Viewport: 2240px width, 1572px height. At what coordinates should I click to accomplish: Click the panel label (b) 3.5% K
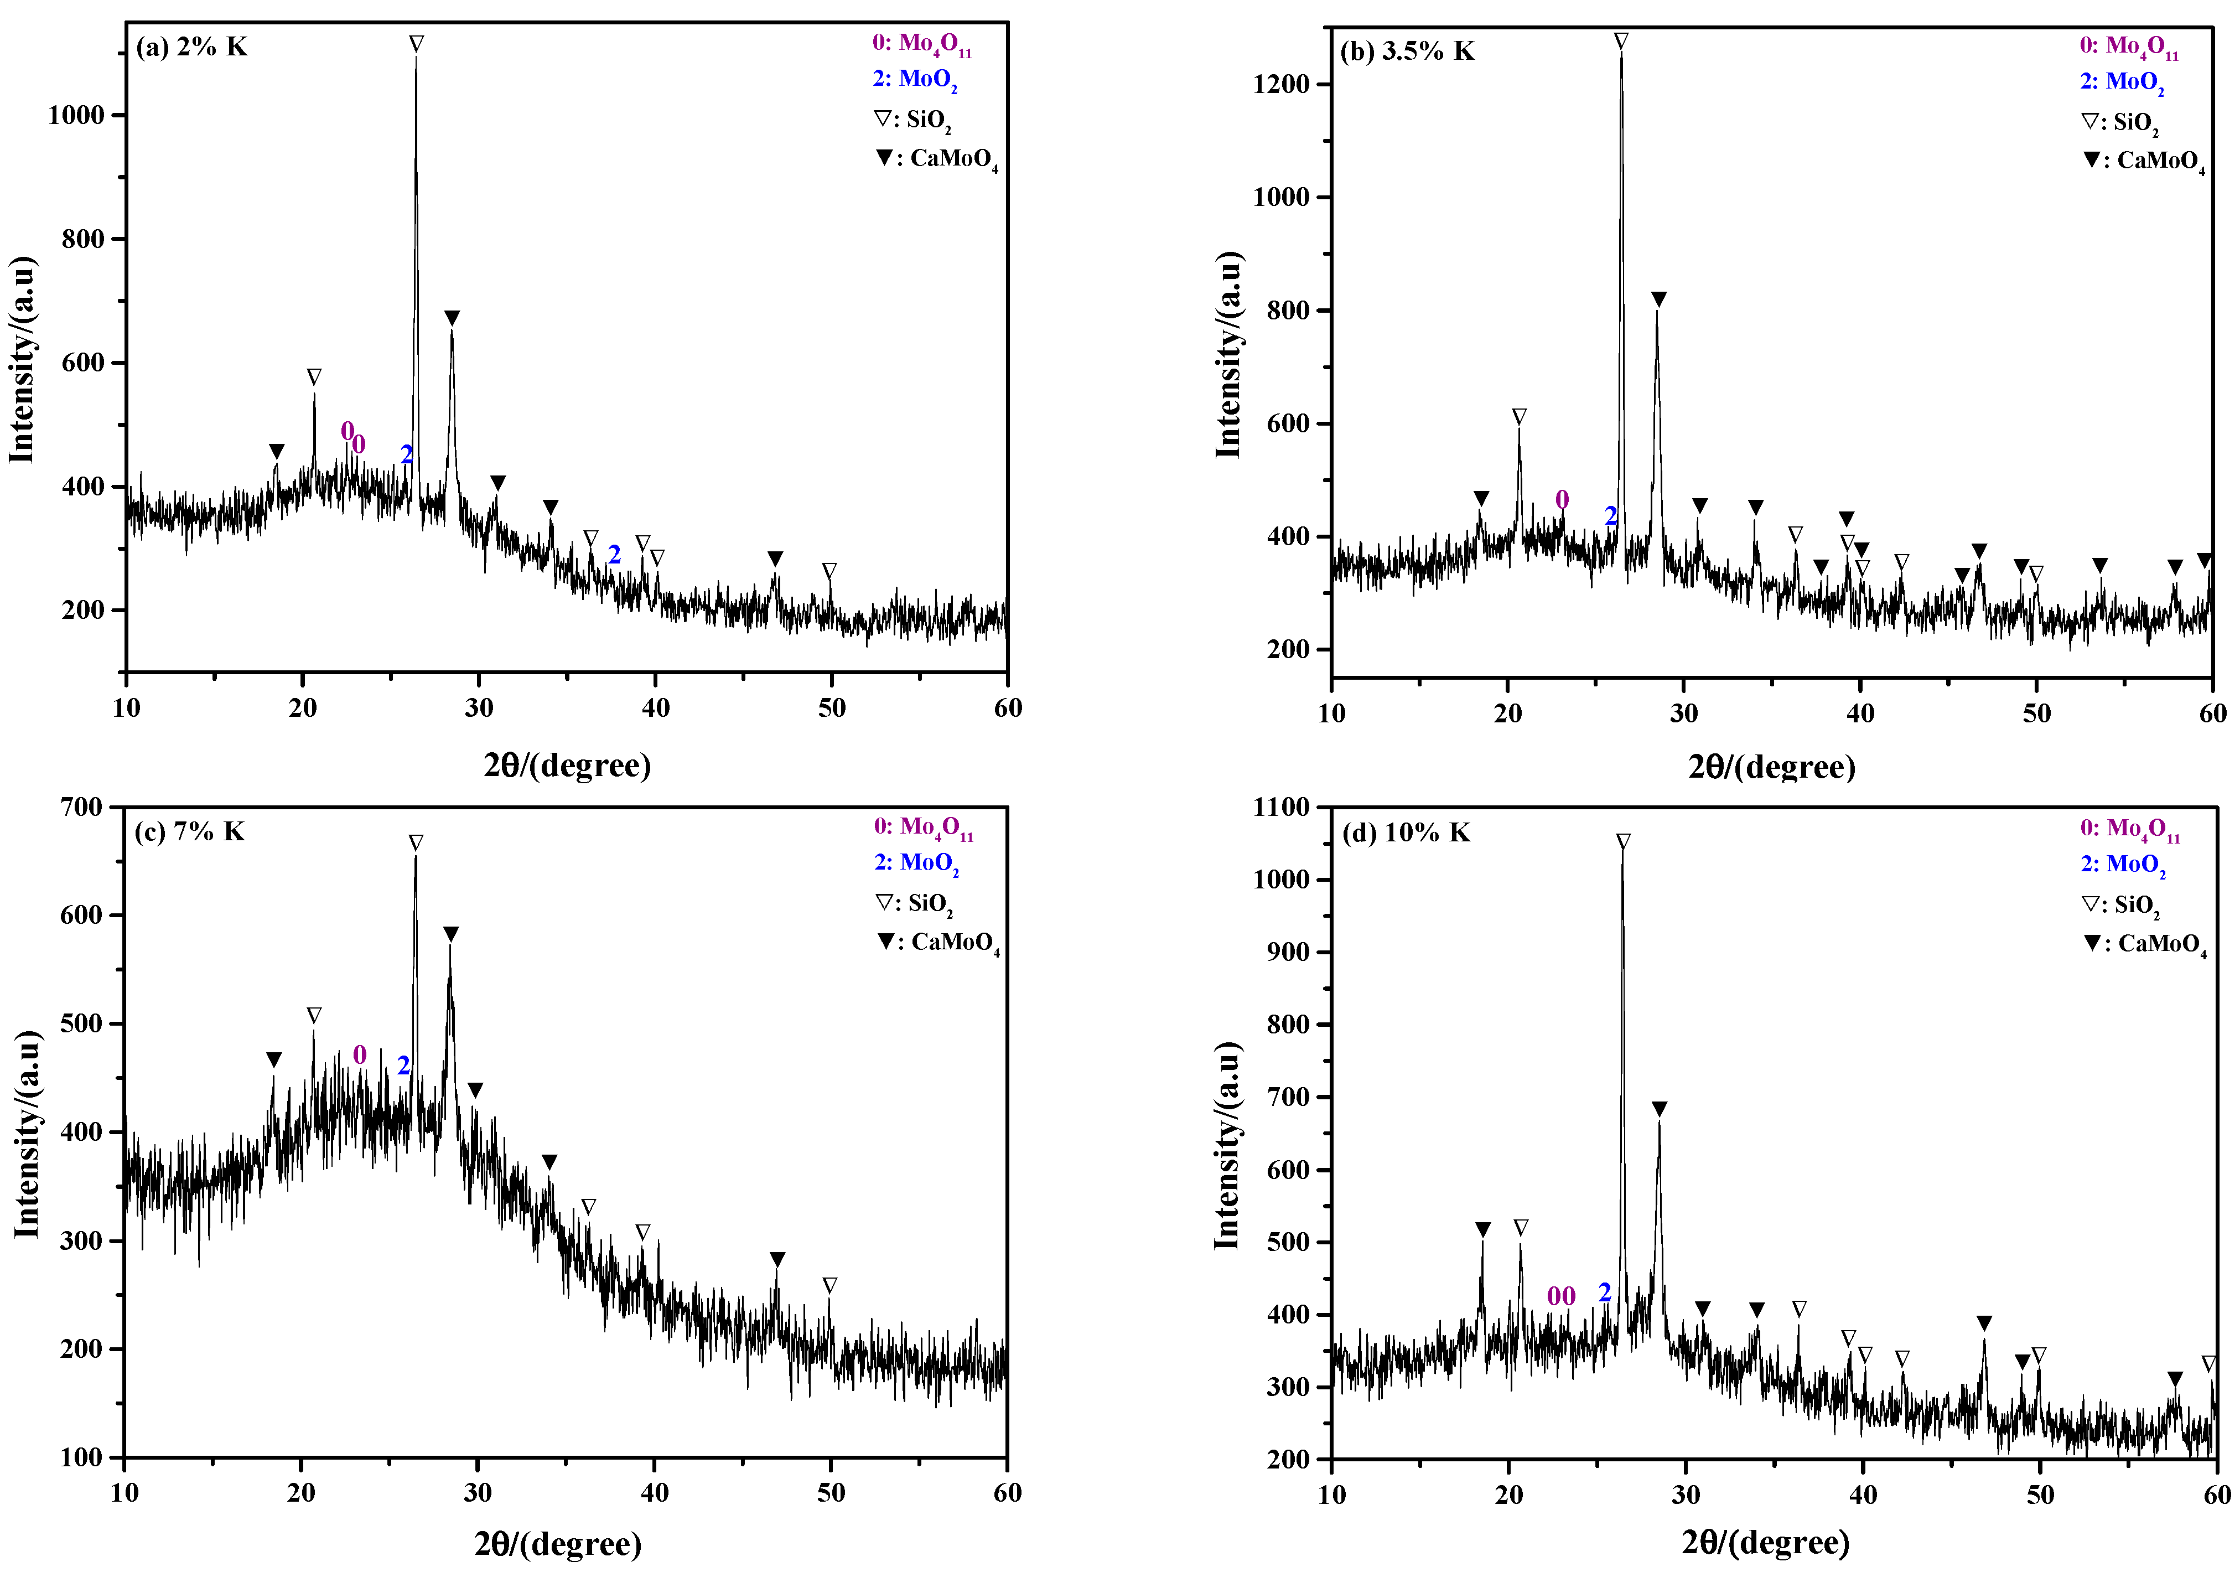[x=1407, y=51]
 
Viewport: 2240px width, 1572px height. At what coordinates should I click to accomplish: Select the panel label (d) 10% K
[x=1407, y=832]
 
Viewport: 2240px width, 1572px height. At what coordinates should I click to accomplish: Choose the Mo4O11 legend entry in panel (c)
[x=923, y=828]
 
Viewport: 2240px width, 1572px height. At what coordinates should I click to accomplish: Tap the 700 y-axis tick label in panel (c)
[x=81, y=807]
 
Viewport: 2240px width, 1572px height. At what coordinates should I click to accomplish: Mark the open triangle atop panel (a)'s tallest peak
[x=417, y=44]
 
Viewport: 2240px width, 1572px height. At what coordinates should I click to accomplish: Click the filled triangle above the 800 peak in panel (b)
[x=1658, y=298]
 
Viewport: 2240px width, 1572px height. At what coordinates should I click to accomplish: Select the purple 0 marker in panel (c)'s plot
[x=359, y=1055]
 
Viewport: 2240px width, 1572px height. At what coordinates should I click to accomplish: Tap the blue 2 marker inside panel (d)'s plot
[x=1605, y=1292]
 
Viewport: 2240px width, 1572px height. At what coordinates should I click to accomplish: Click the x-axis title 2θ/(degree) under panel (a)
[x=567, y=765]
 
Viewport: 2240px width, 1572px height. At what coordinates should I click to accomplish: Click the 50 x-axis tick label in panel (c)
[x=830, y=1493]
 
